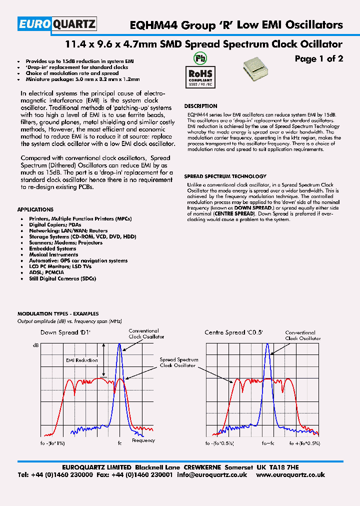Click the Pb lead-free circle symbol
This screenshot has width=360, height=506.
199,59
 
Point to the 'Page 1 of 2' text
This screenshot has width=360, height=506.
318,59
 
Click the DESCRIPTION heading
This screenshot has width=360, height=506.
200,106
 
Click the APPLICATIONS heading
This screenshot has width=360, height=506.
35,209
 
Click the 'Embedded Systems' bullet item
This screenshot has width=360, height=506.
52,248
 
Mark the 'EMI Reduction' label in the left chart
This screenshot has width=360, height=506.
82,359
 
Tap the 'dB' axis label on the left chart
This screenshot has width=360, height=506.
35,345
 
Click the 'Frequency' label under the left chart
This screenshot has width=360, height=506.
143,440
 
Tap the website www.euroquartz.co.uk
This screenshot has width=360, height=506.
290,475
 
